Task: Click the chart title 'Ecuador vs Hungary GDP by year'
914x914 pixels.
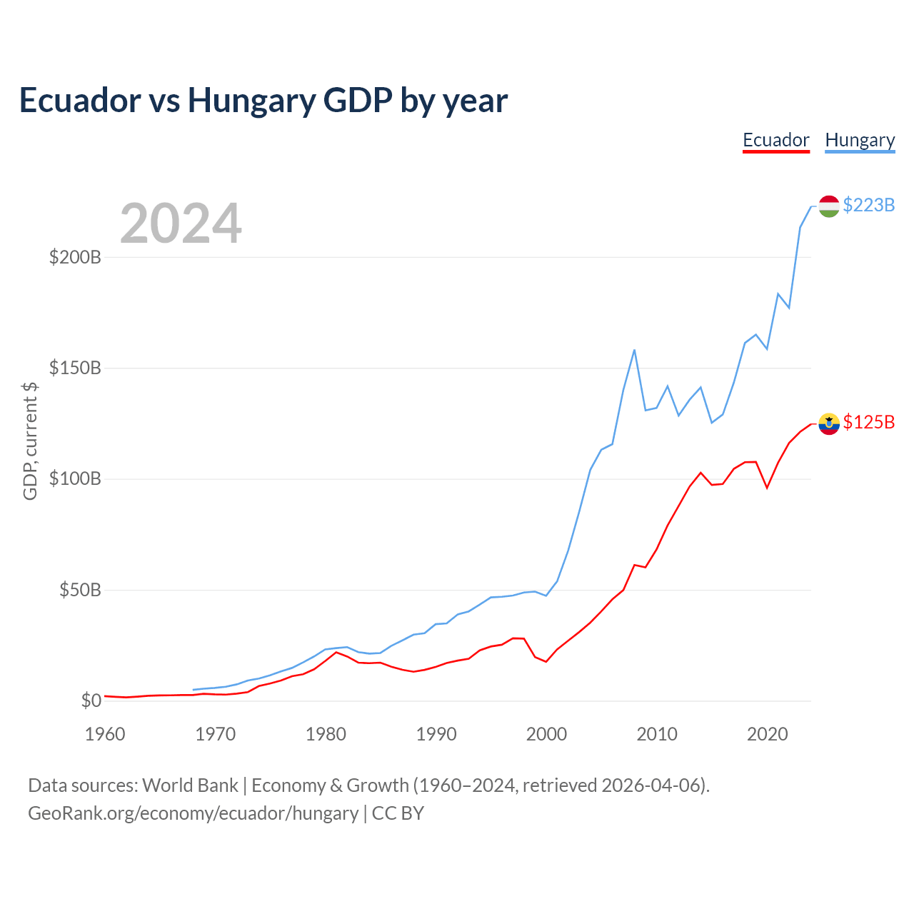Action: [263, 101]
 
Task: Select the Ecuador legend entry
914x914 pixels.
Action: [776, 141]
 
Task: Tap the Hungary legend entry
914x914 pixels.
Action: [860, 141]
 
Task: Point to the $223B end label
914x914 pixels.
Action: [868, 205]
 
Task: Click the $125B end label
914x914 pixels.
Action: [868, 422]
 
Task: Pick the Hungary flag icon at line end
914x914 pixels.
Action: [828, 206]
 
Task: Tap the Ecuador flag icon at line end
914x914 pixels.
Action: [828, 423]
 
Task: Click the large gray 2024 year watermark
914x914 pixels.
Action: [181, 223]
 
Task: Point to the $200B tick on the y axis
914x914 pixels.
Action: [75, 258]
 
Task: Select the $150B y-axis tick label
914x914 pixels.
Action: [75, 368]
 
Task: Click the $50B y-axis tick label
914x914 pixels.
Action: [80, 590]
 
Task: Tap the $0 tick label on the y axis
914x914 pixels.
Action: [91, 700]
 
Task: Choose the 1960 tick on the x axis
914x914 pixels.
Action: [105, 734]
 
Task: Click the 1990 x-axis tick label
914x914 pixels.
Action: [436, 734]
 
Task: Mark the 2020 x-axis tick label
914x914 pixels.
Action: [767, 734]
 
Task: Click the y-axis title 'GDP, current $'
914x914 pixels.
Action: [30, 441]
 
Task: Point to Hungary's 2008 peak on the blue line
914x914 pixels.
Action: [634, 350]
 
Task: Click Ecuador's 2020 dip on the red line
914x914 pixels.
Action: [767, 488]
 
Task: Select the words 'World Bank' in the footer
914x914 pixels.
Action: [190, 785]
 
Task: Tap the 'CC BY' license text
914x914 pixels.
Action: [398, 813]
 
